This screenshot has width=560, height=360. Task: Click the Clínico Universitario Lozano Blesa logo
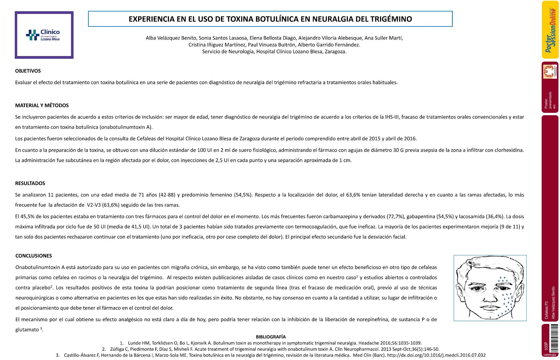44,35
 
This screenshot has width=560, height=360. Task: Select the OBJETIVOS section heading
28,71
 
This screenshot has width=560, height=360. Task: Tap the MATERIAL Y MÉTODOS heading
42,105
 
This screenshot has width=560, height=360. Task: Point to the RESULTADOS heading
30,183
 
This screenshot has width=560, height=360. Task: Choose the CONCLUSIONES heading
33,256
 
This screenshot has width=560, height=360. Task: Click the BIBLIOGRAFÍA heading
271,337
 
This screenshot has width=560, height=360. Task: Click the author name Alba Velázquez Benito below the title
171,38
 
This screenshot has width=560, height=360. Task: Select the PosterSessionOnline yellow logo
550,30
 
